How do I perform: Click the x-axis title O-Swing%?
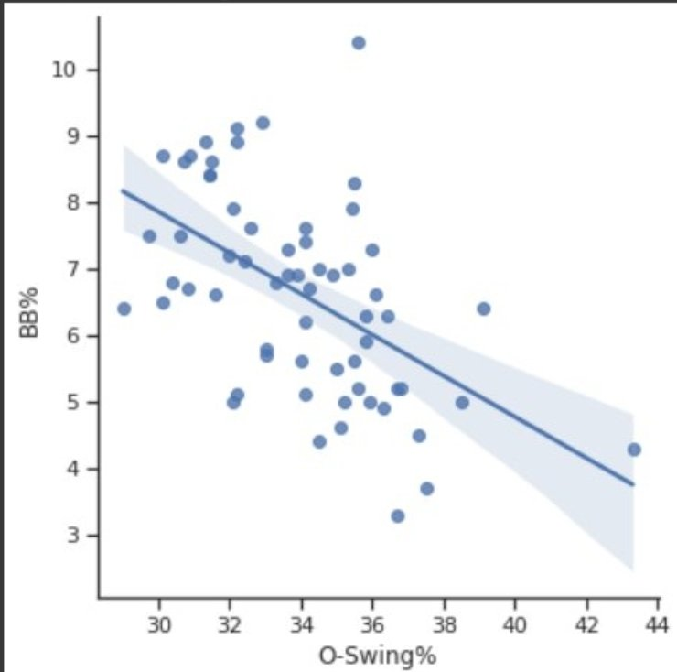tap(377, 656)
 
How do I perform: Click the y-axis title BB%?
tap(30, 317)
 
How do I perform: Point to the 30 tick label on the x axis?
tap(159, 626)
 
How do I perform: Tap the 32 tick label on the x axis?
tap(231, 626)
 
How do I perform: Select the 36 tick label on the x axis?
tap(372, 626)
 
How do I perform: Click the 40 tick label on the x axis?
tap(515, 626)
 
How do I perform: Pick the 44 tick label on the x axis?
tap(657, 626)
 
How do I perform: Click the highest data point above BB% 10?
tap(359, 43)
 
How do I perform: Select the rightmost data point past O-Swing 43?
tap(633, 450)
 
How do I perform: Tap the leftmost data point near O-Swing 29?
tap(124, 309)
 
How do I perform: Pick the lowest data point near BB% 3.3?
tap(397, 516)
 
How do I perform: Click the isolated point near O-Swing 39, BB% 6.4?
tap(483, 309)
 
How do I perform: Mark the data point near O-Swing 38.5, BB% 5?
tap(462, 402)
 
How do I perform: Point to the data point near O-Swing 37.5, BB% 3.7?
tap(426, 489)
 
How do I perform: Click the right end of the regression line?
tap(633, 484)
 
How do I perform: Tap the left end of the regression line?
tap(124, 190)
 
